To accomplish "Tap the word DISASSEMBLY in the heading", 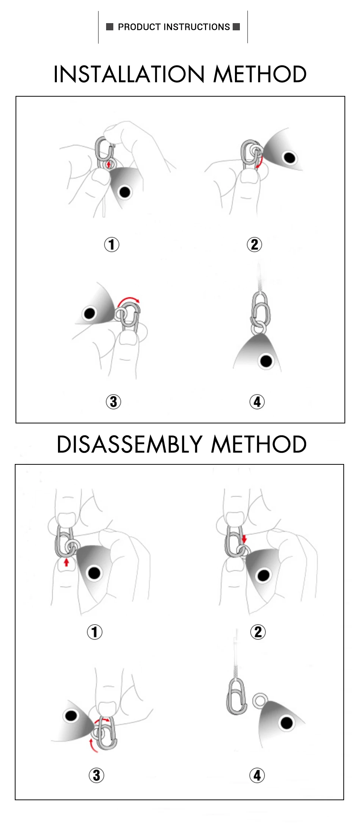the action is tap(129, 444).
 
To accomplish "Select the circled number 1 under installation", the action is tap(112, 245).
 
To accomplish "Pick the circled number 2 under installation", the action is tap(254, 245).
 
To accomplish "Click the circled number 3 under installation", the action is tap(113, 402).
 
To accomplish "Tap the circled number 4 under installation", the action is tap(257, 402).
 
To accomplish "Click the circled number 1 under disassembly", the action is tap(95, 632).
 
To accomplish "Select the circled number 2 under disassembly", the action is tap(258, 632).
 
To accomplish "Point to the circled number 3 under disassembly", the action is tap(96, 776).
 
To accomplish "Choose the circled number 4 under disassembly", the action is tap(257, 776).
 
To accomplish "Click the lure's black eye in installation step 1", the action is tap(125, 192).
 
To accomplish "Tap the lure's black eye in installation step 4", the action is tap(266, 361).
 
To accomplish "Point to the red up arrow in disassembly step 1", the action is tap(66, 562).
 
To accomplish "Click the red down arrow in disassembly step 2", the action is tap(244, 539).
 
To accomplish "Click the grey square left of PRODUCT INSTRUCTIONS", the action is tap(110, 27).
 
